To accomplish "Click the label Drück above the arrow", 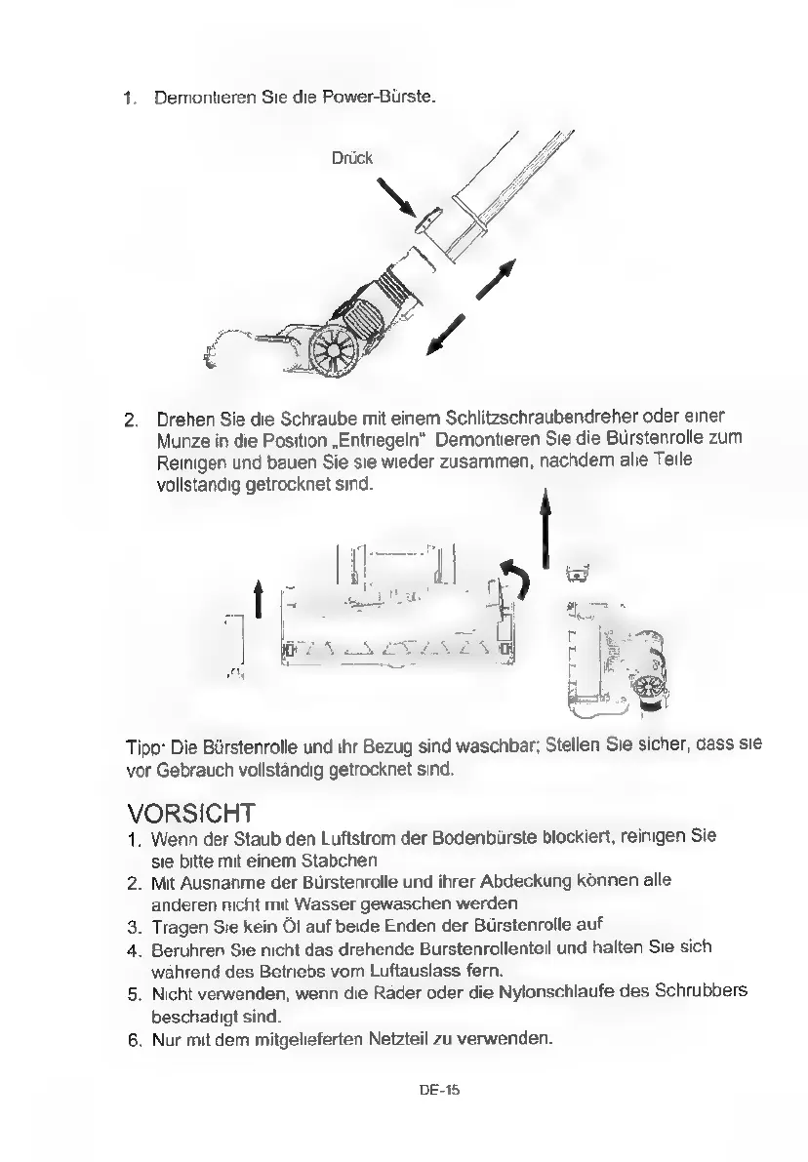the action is (352, 158).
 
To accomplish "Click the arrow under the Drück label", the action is (396, 196).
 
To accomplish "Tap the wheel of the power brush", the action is (335, 350).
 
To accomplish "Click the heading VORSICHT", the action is (191, 813).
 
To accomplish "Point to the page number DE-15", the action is (439, 1090).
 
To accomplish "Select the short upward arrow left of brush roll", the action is (258, 599).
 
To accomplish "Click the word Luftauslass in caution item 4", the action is (418, 970).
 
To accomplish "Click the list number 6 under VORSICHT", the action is (134, 1040).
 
